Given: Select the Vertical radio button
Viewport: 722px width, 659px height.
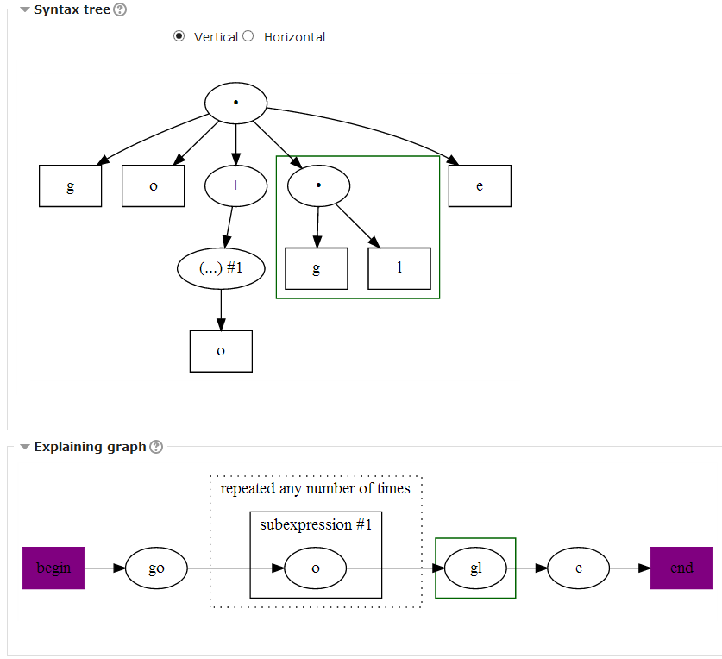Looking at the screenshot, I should coord(179,36).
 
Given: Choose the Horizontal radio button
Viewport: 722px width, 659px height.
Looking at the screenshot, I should coord(248,36).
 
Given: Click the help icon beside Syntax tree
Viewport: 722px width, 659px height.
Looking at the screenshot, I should coord(120,10).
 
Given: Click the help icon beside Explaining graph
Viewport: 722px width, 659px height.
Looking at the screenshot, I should coord(156,447).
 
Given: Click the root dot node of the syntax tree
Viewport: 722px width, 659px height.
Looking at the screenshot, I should coord(235,104).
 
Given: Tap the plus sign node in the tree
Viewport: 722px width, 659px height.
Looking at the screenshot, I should coord(235,186).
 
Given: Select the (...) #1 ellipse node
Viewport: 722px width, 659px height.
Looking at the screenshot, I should coord(221,268).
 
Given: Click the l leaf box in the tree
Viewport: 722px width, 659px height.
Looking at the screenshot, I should coord(399,268).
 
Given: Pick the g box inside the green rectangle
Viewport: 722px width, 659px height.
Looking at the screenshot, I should coord(317,268).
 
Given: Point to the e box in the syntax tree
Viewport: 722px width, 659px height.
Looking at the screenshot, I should coord(480,186).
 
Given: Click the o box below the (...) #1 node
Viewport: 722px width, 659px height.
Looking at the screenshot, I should coord(221,351).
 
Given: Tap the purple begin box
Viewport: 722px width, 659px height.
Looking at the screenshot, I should coord(53,568).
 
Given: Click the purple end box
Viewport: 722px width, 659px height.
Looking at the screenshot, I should coord(681,568).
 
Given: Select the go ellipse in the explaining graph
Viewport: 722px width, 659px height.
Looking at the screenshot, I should coord(156,568).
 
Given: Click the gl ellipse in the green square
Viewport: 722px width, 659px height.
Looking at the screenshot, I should coord(475,568).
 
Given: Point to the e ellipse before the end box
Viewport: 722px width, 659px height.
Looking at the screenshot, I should coord(578,568).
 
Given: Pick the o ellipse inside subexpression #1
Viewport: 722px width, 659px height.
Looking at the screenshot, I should coord(316,568).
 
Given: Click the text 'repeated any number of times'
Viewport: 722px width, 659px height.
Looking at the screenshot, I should coord(316,489).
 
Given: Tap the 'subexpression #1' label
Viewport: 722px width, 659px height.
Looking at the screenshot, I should coord(316,524).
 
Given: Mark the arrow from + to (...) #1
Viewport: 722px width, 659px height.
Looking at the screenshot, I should coord(229,228).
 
